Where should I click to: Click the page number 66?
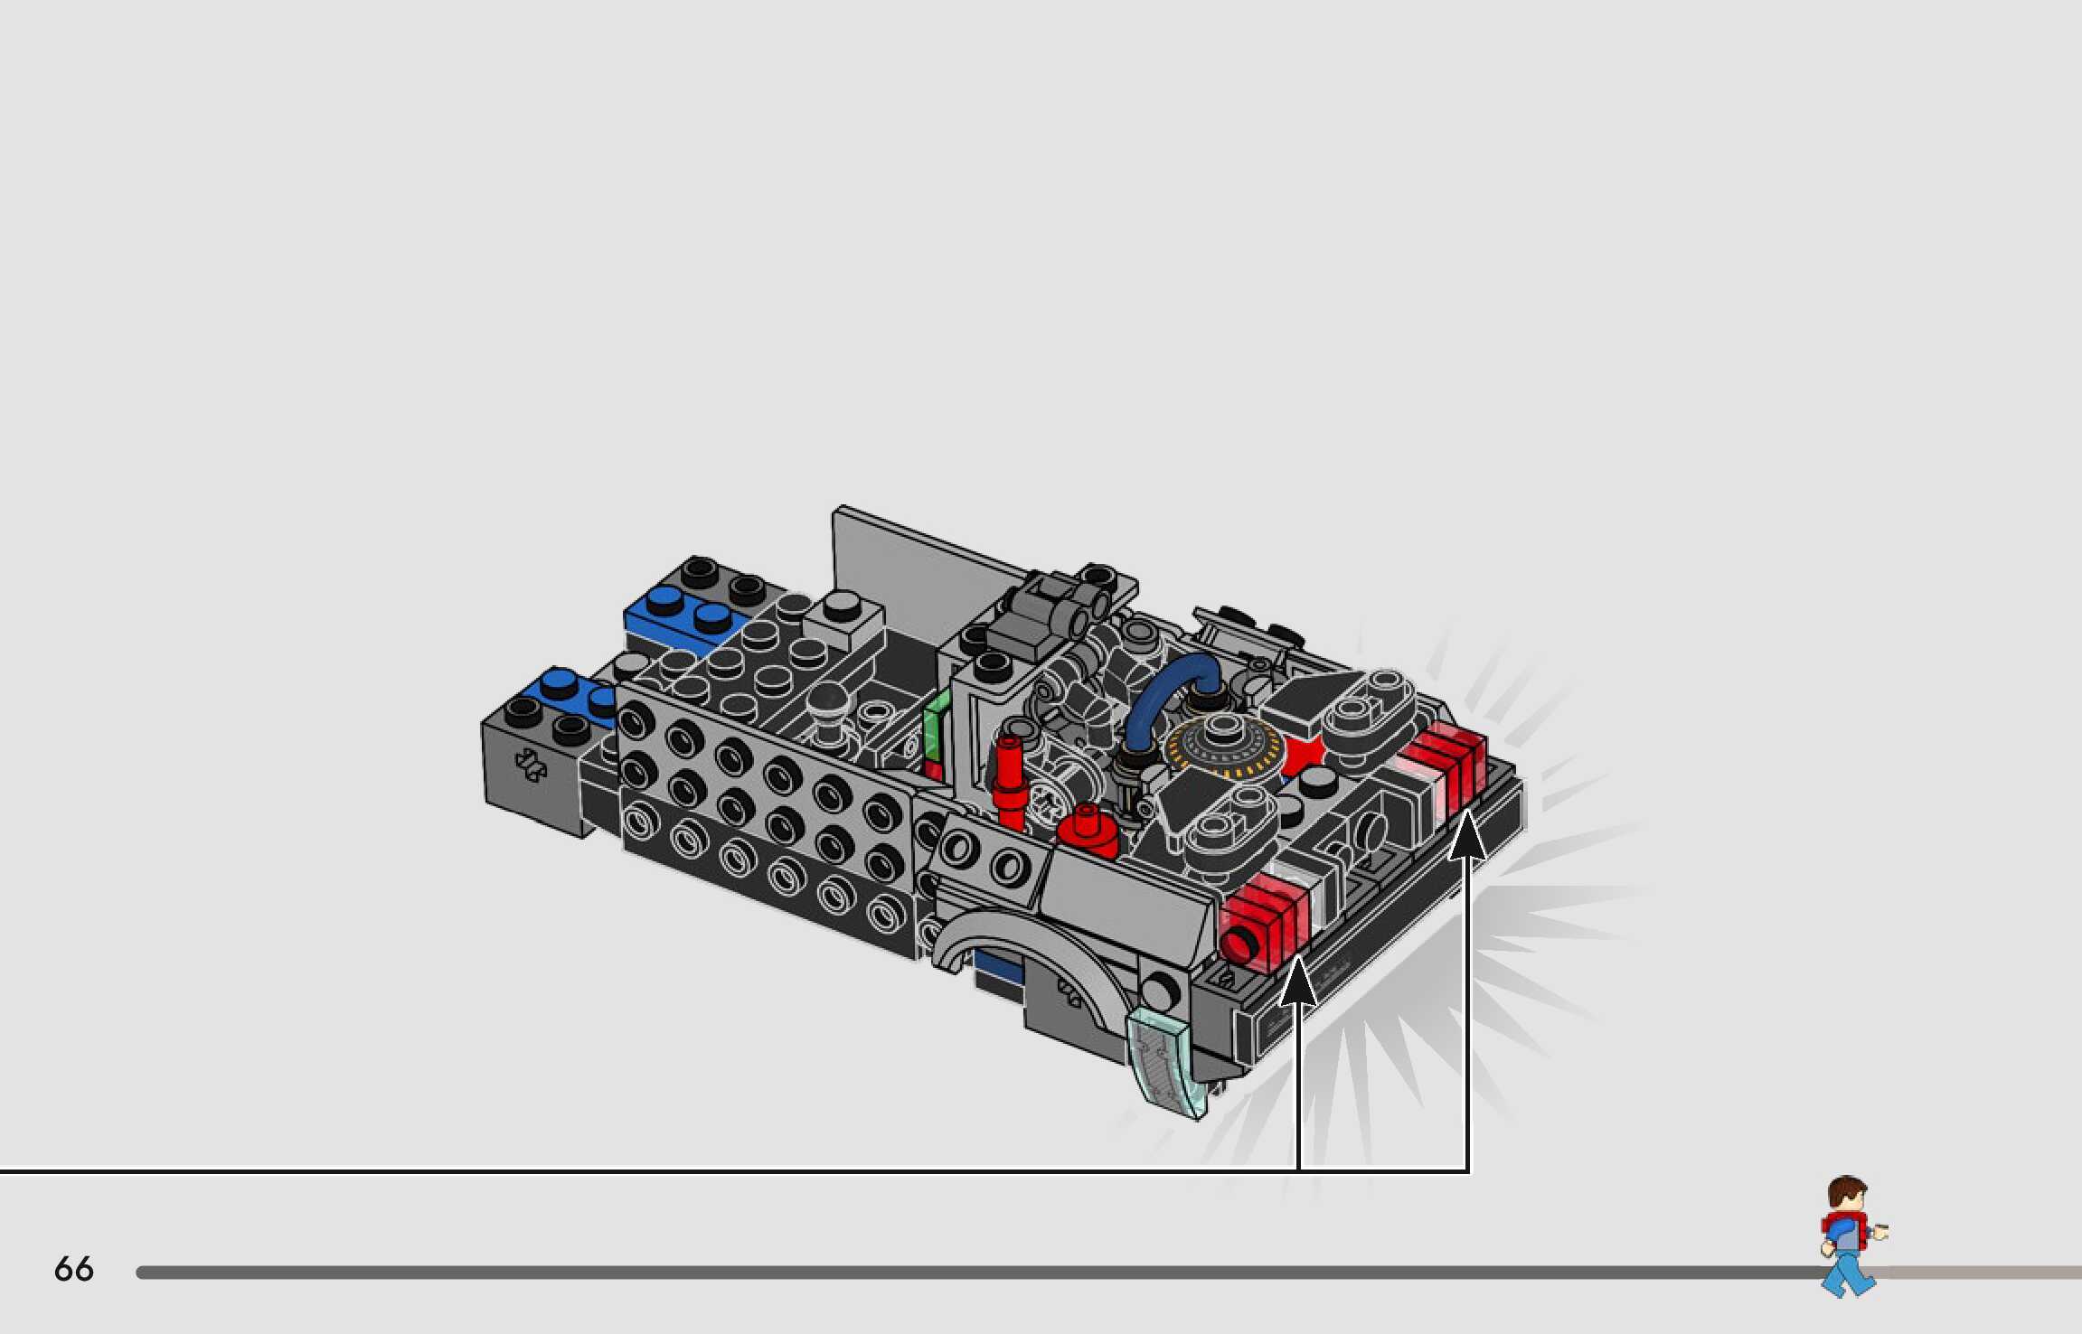tap(73, 1269)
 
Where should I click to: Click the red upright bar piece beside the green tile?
tap(1008, 782)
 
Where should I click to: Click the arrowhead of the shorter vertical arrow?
tap(1298, 980)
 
